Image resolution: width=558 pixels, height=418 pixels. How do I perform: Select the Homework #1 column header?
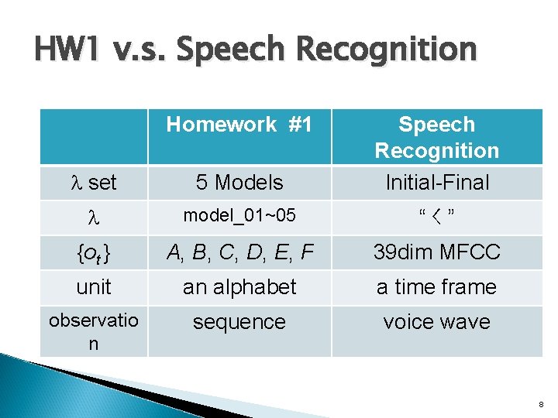pyautogui.click(x=239, y=125)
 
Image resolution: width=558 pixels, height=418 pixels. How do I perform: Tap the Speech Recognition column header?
pyautogui.click(x=436, y=137)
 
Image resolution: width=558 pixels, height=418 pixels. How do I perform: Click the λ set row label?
pyautogui.click(x=93, y=183)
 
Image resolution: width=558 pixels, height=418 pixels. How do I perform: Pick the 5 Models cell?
pyautogui.click(x=239, y=183)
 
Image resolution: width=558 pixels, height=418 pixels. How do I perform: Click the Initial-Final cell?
pyautogui.click(x=436, y=183)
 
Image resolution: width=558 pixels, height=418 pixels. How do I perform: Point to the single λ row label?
pyautogui.click(x=93, y=217)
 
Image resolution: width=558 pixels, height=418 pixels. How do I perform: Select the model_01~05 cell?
pyautogui.click(x=239, y=216)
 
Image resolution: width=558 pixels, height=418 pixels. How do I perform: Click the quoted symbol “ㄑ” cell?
pyautogui.click(x=436, y=216)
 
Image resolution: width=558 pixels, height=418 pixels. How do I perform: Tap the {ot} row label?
pyautogui.click(x=93, y=252)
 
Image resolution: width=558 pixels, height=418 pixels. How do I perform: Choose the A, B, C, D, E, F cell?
pyautogui.click(x=239, y=252)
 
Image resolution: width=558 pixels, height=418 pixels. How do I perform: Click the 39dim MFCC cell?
pyautogui.click(x=436, y=252)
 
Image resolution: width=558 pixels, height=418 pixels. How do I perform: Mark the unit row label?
pyautogui.click(x=93, y=287)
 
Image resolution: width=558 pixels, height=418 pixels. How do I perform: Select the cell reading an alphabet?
pyautogui.click(x=239, y=287)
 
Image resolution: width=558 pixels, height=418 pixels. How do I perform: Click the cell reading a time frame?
pyautogui.click(x=436, y=287)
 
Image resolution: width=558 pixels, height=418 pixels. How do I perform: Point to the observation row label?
pyautogui.click(x=93, y=332)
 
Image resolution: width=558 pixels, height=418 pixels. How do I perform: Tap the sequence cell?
pyautogui.click(x=239, y=322)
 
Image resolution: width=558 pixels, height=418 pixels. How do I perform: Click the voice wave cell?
pyautogui.click(x=436, y=322)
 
